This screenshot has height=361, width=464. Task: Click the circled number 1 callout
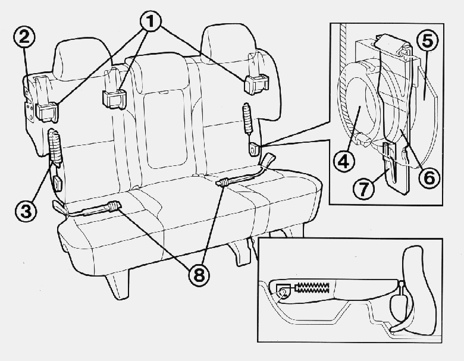tap(151, 21)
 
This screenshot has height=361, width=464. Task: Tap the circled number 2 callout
tap(24, 38)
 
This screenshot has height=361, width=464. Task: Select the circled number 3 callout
tap(26, 211)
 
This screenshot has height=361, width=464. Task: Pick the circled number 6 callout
tap(429, 178)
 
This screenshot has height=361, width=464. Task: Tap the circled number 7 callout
tap(364, 189)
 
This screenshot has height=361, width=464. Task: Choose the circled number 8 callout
tap(199, 275)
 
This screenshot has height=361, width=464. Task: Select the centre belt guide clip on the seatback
tap(114, 99)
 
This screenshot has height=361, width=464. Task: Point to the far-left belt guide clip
tap(47, 112)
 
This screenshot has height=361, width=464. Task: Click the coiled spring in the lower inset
tap(312, 287)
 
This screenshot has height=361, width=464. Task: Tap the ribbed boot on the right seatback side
tap(247, 118)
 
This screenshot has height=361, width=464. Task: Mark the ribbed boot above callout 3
tap(55, 146)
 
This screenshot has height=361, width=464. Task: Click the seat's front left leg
tap(118, 284)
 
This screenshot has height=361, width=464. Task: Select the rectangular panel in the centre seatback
tap(165, 128)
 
